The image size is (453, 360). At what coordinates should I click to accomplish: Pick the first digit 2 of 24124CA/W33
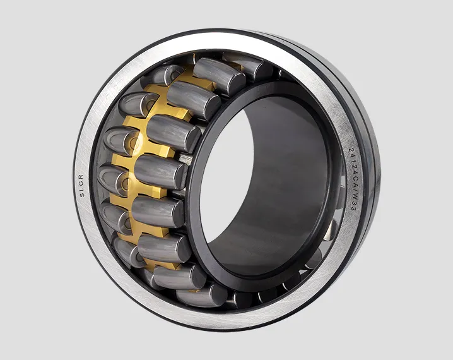coord(352,150)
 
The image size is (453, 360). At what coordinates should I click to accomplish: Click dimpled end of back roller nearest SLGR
coord(113,178)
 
